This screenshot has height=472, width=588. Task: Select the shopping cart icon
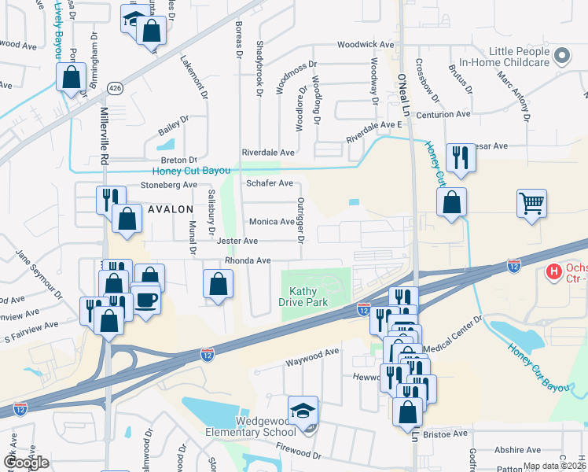coord(531,203)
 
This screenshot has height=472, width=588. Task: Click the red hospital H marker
coord(553,272)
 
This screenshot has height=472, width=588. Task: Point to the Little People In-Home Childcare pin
coord(561,56)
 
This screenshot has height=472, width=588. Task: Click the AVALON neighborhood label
coord(168,209)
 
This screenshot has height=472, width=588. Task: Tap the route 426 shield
coord(116,87)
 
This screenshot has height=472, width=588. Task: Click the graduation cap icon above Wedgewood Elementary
coord(302,409)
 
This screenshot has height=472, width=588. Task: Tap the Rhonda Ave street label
coord(248,260)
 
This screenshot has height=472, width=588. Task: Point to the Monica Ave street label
coord(271,223)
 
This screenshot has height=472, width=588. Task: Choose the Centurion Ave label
coord(443,115)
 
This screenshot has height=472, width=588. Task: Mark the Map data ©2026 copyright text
coord(553,466)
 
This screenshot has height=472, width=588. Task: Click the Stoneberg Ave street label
coord(168,185)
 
